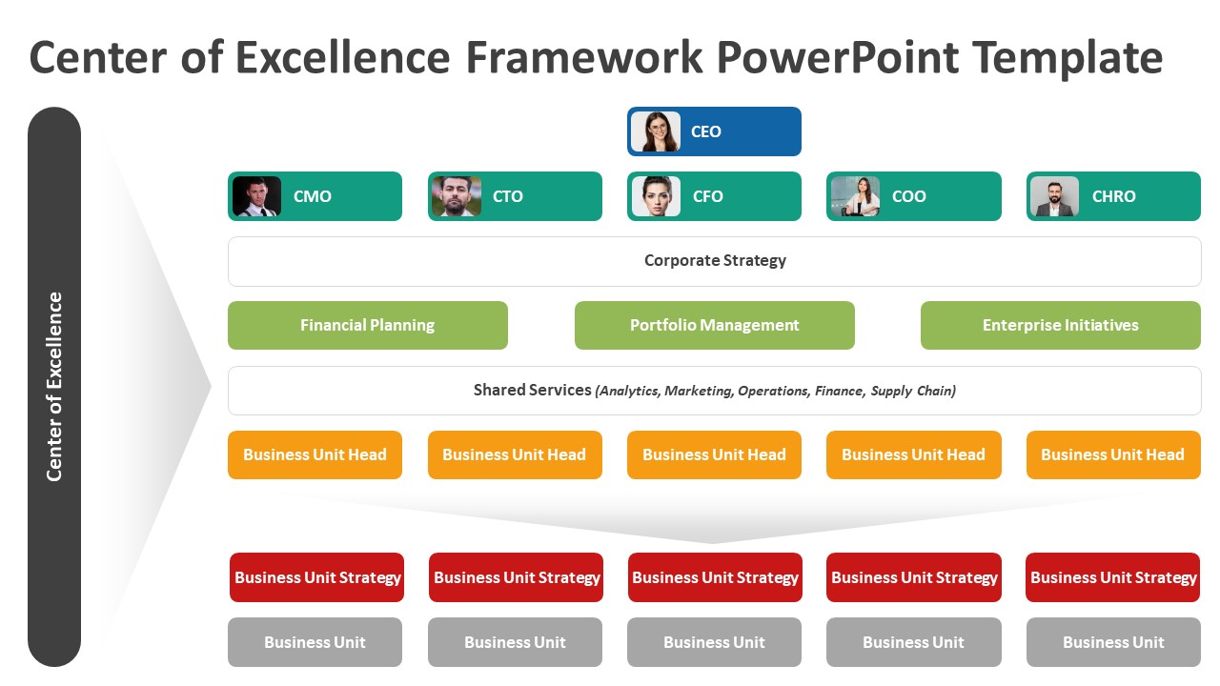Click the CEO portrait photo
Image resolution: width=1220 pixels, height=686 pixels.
[656, 131]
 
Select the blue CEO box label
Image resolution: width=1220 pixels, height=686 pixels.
[706, 131]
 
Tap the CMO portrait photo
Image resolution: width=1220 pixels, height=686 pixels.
[256, 196]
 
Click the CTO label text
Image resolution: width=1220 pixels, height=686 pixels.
[508, 196]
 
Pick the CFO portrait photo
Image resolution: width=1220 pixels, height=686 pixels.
[656, 196]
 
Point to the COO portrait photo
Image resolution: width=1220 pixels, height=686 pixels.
[855, 196]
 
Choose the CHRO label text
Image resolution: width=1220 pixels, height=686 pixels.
[1113, 196]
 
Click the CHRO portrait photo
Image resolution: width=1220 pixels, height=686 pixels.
[1054, 196]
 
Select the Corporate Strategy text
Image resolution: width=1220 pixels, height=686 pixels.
[715, 260]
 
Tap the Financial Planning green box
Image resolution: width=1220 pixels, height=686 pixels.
[367, 325]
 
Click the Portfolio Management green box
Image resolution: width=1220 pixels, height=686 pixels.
[714, 325]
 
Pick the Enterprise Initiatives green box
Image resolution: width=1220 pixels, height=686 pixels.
[1060, 325]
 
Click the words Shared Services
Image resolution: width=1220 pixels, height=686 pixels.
[532, 390]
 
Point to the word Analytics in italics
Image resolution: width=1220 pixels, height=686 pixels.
[628, 391]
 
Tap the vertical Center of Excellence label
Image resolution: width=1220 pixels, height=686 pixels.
[54, 386]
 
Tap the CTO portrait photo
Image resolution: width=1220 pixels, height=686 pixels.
[456, 196]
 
